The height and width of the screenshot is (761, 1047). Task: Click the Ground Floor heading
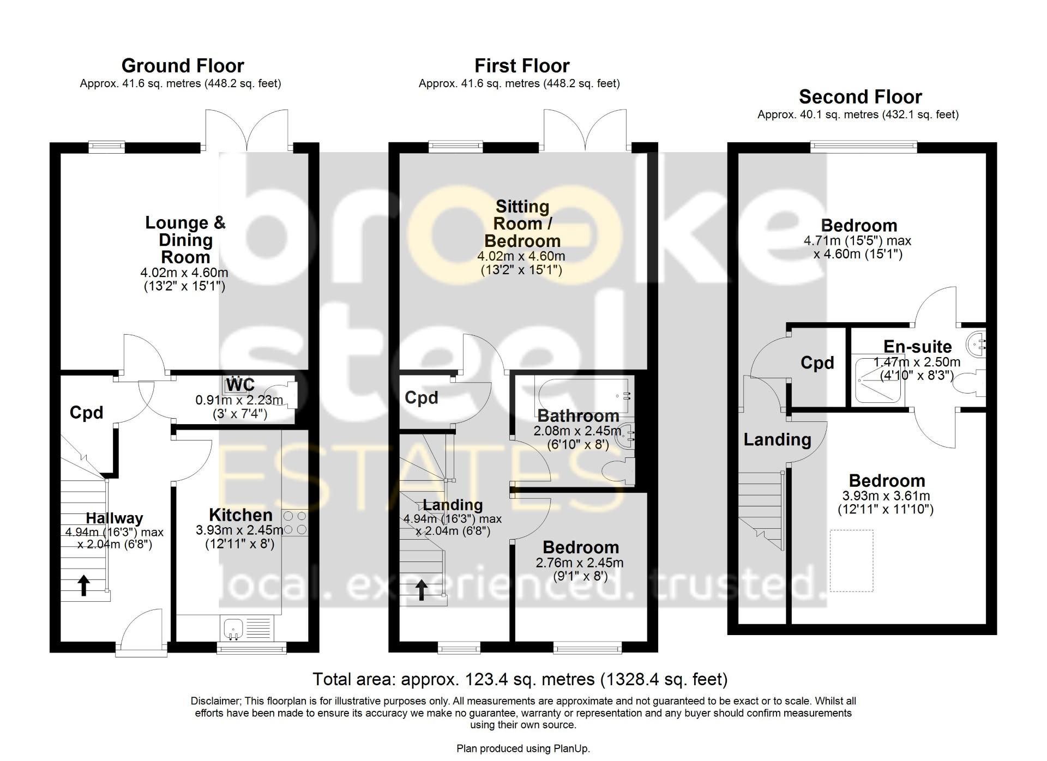[182, 66]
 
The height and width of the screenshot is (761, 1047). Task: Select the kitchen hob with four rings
[295, 522]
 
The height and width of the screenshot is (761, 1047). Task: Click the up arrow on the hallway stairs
[83, 585]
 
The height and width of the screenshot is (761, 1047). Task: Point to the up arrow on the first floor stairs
[422, 590]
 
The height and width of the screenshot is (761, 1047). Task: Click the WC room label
[240, 384]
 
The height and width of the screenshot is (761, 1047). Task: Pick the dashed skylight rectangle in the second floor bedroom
[851, 560]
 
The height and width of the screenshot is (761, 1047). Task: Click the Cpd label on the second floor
[817, 363]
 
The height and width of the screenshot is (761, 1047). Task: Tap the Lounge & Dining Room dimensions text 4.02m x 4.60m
[184, 273]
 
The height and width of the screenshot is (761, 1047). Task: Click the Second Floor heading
[860, 97]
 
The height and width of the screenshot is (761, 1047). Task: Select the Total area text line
[520, 679]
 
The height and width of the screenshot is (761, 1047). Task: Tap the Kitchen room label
[240, 515]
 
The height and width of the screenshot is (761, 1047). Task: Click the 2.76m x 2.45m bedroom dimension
[579, 563]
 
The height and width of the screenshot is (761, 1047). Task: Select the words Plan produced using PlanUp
[523, 748]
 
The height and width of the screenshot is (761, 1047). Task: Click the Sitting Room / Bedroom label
[522, 224]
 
